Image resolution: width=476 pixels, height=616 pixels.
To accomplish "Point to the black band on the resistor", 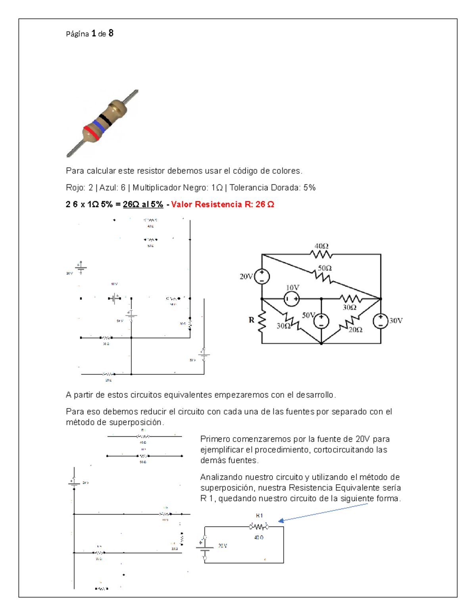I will (106, 119).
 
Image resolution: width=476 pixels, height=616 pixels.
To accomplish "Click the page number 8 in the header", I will (111, 33).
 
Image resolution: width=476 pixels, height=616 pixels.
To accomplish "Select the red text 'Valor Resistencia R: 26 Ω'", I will (223, 204).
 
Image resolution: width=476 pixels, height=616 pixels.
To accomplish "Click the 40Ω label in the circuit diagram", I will (321, 246).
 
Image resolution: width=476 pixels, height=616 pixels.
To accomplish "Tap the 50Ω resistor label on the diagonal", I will (324, 269).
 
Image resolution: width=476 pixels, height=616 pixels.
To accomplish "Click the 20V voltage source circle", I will (262, 276).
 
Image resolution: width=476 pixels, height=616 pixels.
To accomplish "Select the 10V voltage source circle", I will (292, 299).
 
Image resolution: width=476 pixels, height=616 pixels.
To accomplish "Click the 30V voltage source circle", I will (380, 320).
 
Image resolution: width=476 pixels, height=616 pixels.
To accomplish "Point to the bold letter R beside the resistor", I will (251, 320).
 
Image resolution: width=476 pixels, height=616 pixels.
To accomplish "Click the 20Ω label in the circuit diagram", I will (355, 330).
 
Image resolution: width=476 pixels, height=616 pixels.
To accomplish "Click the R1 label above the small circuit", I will (259, 516).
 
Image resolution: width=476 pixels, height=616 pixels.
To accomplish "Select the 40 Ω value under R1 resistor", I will (259, 537).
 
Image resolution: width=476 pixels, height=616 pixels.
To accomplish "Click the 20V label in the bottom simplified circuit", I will (223, 546).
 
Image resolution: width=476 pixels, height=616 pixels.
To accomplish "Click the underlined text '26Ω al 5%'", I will (143, 204).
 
